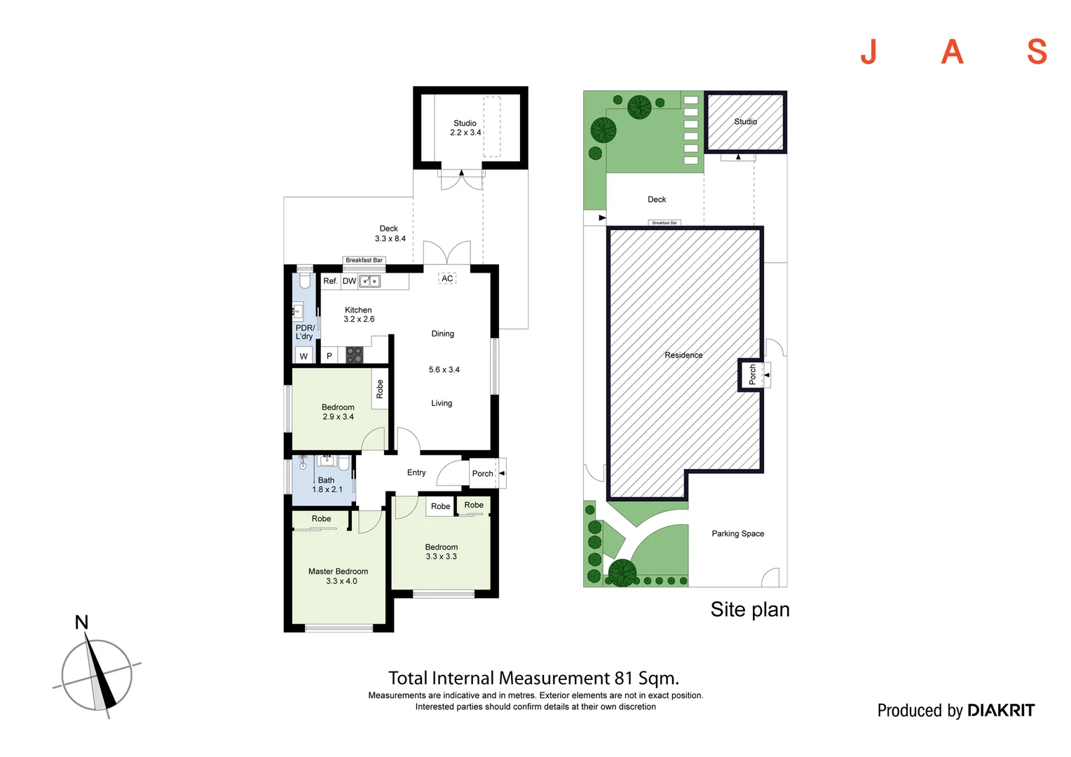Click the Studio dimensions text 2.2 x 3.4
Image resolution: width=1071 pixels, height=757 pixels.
click(465, 132)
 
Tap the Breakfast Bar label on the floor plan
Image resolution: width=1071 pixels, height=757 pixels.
click(364, 260)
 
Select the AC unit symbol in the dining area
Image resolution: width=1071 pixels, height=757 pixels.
click(447, 278)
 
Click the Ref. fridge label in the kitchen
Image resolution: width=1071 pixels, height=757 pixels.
click(330, 280)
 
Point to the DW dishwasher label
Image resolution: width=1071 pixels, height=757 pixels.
click(349, 280)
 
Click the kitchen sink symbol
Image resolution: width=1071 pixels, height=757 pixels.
click(369, 281)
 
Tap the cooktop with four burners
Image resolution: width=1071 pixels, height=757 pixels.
click(354, 355)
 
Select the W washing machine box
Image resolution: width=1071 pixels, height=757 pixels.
click(303, 356)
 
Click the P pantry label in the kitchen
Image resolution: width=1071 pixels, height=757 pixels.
click(329, 356)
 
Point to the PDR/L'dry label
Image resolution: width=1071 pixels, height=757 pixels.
click(305, 332)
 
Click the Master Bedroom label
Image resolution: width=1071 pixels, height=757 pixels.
click(338, 571)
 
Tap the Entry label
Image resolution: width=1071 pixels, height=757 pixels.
click(416, 472)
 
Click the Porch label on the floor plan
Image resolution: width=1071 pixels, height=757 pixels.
click(482, 473)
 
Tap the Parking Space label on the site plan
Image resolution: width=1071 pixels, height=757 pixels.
click(738, 533)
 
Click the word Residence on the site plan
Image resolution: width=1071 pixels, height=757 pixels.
click(683, 355)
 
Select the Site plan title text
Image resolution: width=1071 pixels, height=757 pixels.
click(750, 610)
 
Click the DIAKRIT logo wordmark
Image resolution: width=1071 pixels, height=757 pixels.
click(1001, 710)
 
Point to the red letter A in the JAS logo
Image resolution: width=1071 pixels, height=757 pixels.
click(952, 52)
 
